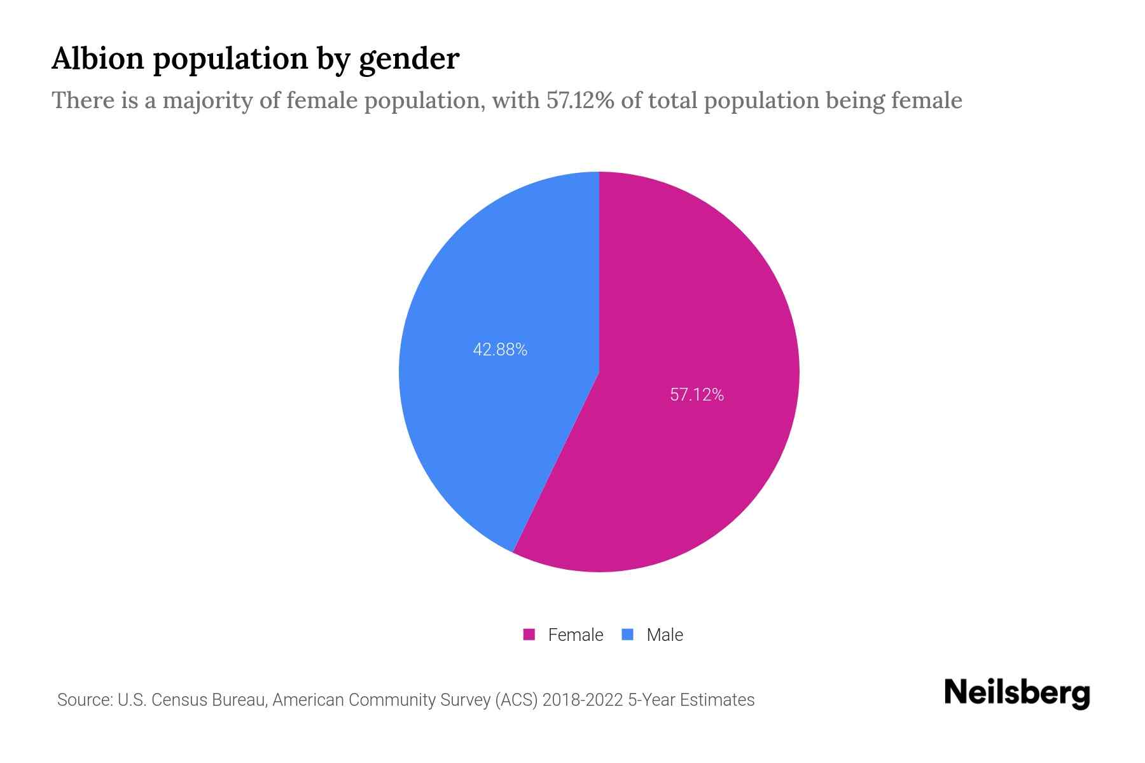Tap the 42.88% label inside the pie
coord(500,350)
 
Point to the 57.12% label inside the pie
coord(697,395)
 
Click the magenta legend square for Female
coord(529,635)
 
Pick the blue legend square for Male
coord(628,635)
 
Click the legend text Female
coord(575,635)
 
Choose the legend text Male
coord(664,635)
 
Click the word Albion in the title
coord(97,58)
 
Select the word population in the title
coord(230,60)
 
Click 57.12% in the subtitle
coord(580,100)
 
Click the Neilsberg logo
coord(1017,693)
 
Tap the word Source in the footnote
coord(83,700)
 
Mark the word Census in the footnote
coord(179,700)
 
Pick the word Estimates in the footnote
coord(717,700)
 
